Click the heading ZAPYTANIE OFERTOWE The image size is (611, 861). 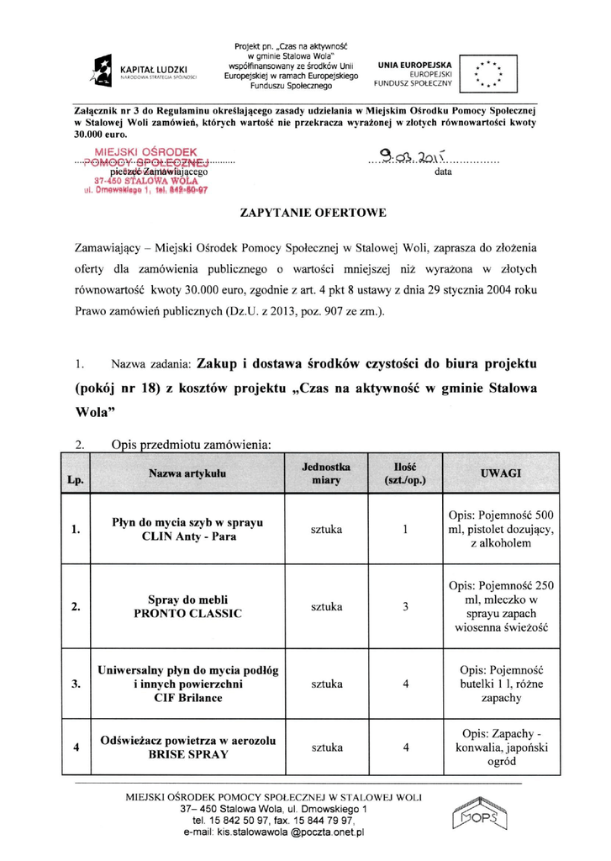click(x=313, y=214)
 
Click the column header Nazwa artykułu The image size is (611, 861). click(x=187, y=474)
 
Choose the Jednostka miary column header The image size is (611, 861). click(x=326, y=473)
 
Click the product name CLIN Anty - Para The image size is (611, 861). click(x=187, y=536)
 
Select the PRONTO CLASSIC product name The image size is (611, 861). click(x=187, y=614)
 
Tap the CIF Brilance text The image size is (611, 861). click(x=187, y=699)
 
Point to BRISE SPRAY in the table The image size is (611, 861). click(x=187, y=756)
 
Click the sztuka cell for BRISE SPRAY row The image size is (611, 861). click(x=326, y=747)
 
